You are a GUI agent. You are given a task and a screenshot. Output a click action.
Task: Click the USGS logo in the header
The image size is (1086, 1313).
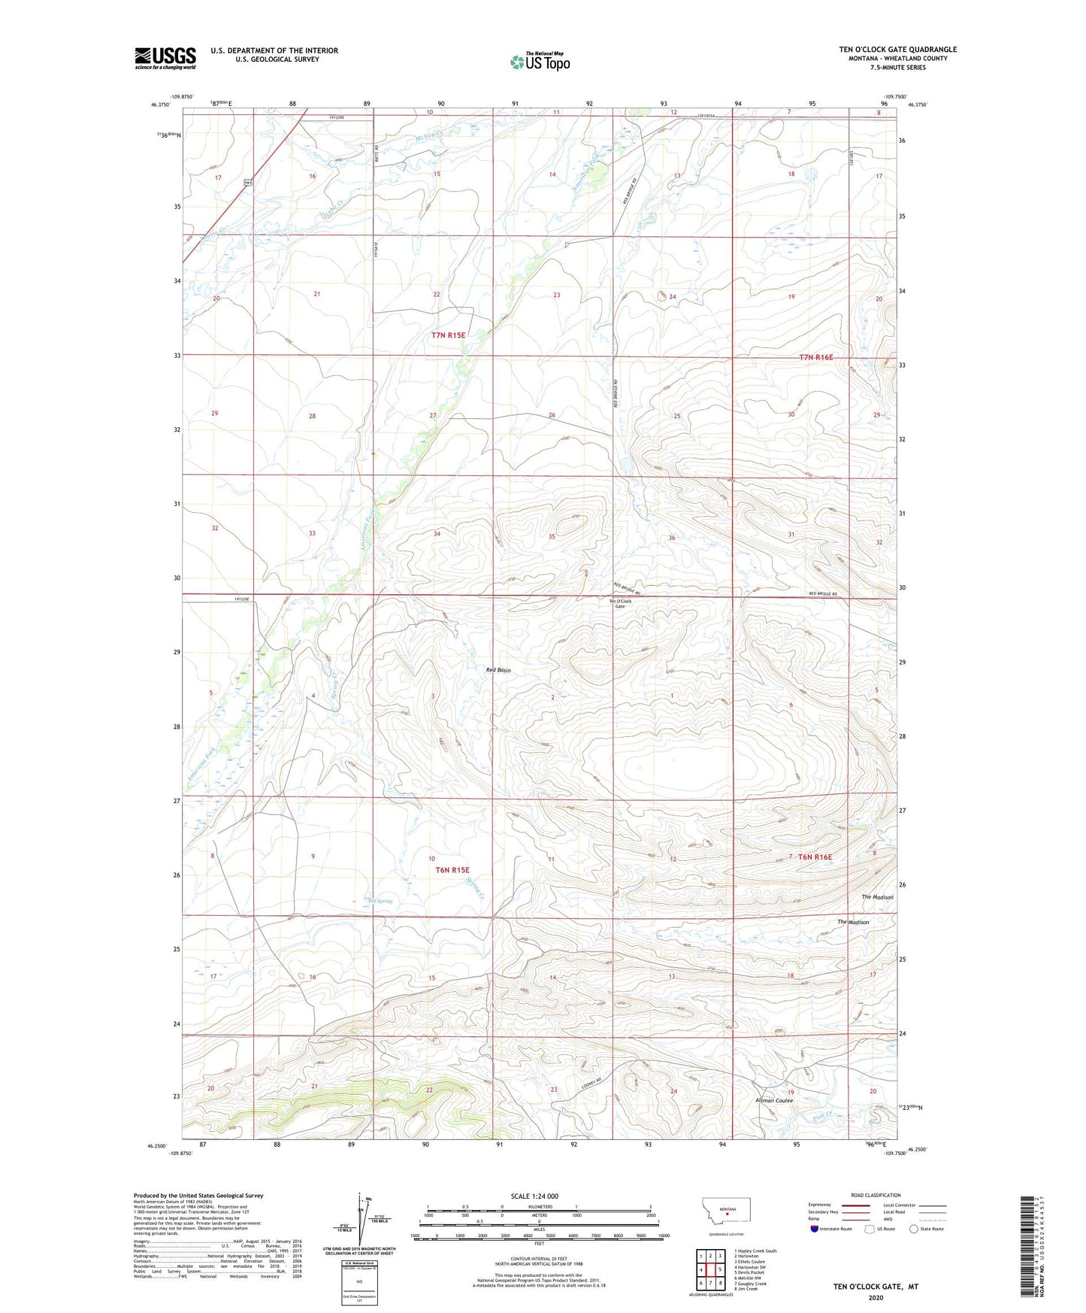click(165, 57)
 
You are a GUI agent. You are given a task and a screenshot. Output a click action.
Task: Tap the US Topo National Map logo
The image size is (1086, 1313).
click(539, 62)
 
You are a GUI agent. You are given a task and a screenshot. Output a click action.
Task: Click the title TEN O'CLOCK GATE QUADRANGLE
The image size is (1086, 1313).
click(897, 50)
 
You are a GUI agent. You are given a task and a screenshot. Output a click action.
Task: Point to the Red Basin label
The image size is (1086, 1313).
click(498, 670)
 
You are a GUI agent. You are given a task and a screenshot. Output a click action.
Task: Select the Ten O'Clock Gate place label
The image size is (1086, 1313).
click(620, 603)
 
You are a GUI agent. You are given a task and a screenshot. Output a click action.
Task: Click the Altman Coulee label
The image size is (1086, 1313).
click(773, 1100)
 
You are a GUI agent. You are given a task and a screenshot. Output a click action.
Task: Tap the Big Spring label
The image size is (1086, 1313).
click(380, 901)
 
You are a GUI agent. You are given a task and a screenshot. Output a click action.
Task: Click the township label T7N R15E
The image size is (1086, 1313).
click(449, 335)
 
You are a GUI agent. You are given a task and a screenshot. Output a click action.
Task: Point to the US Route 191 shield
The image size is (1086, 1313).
click(247, 183)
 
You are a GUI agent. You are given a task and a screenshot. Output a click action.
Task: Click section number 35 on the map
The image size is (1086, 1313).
click(552, 537)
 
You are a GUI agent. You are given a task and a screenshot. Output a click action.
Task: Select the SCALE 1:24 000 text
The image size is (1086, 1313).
click(534, 1196)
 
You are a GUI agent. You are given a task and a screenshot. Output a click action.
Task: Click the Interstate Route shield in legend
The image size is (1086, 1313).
click(815, 1229)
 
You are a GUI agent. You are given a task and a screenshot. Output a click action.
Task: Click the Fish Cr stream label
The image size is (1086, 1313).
click(824, 1117)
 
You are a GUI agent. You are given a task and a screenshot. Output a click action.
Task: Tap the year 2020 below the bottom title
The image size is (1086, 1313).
click(875, 1298)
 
